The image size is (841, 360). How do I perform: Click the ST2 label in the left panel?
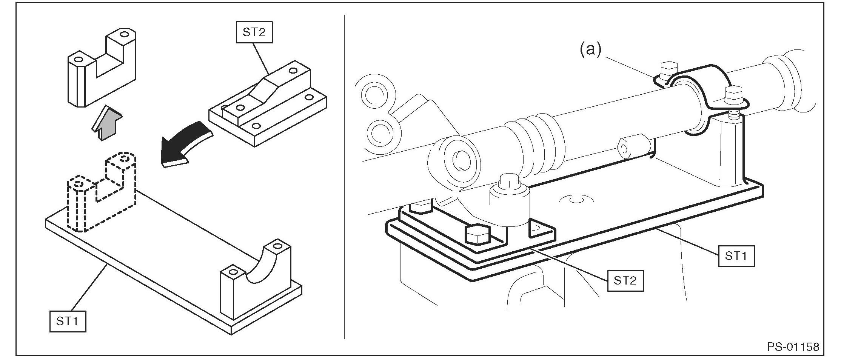(254, 32)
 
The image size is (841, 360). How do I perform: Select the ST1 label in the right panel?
(736, 256)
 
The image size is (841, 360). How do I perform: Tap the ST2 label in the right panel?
(625, 280)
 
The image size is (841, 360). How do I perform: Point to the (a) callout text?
(590, 50)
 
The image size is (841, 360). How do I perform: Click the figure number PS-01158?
(793, 346)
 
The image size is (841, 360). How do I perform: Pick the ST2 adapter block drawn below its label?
(268, 108)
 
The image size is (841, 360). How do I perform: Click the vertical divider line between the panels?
(345, 177)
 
